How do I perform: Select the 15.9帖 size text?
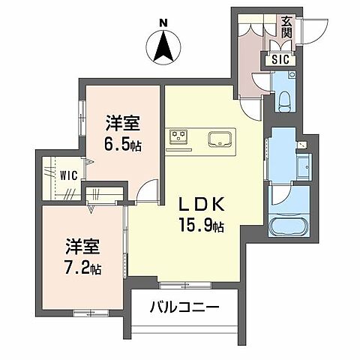[x=199, y=223]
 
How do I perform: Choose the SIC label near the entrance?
[x=280, y=59]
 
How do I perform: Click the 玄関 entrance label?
[x=287, y=28]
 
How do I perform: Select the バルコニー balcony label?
[x=184, y=307]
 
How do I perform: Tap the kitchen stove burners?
[x=178, y=136]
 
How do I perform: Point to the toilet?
[x=283, y=97]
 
